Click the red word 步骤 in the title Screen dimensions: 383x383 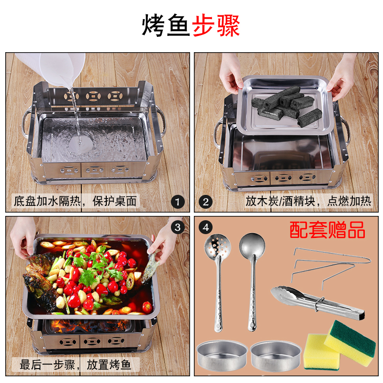[x=216, y=25]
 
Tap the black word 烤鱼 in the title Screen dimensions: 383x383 [x=166, y=25]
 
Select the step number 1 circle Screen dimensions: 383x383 [x=178, y=202]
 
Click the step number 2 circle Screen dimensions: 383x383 [x=206, y=202]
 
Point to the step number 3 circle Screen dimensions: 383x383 [x=178, y=227]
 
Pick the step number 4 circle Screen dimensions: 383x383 [x=206, y=227]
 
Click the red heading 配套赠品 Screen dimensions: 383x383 [x=327, y=230]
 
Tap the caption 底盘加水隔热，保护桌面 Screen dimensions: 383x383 [x=75, y=201]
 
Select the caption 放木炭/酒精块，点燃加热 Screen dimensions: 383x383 [x=308, y=201]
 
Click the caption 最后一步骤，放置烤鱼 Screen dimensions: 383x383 [x=75, y=365]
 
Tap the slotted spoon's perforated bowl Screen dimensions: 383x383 [x=217, y=245]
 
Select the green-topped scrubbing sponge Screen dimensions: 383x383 [x=350, y=343]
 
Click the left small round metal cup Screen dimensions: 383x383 [x=222, y=355]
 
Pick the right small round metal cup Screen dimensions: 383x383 [x=276, y=355]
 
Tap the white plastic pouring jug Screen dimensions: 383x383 [x=51, y=68]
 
